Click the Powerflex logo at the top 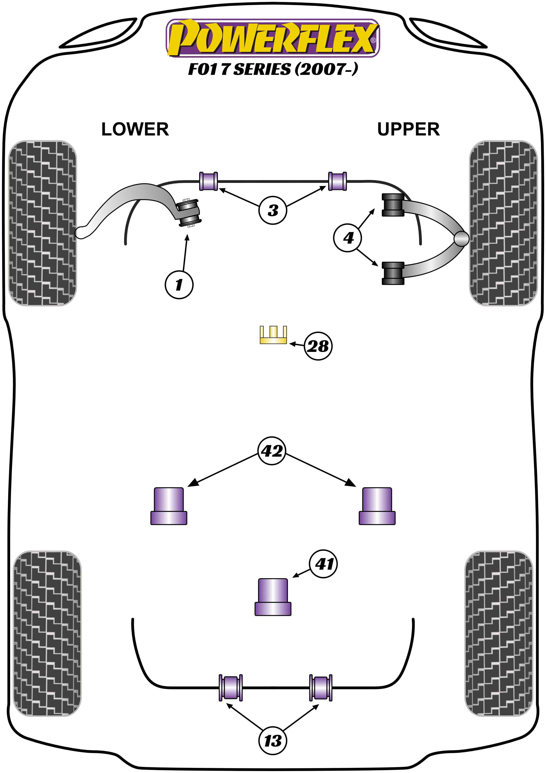tap(273, 38)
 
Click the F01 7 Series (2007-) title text tap(273, 69)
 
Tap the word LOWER tap(135, 129)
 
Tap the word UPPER tap(408, 129)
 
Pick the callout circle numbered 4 tap(348, 238)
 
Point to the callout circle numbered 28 tap(318, 346)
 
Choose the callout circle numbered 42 tap(272, 451)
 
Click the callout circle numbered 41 tap(324, 564)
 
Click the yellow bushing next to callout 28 tap(273, 335)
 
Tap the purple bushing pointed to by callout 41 tap(273, 597)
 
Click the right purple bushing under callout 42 tap(377, 506)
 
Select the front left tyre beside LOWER tap(42, 223)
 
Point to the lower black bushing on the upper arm tap(393, 273)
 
